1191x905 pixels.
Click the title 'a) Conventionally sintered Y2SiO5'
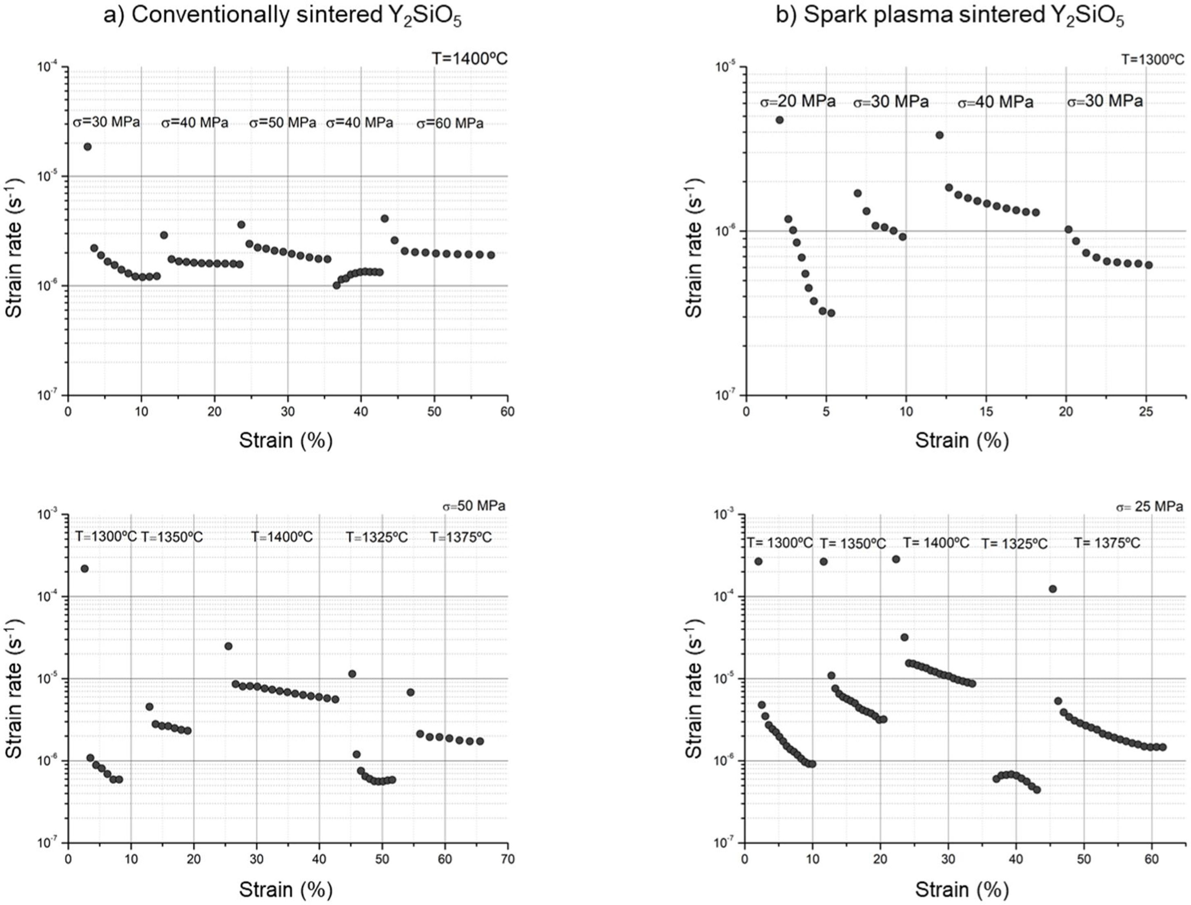coord(283,16)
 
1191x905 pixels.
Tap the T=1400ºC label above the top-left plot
coord(469,58)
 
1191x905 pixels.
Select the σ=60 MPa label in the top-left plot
coord(450,123)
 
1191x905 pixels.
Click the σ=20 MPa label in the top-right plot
coord(798,101)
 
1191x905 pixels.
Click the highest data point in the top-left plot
coord(87,147)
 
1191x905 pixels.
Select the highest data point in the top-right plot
coord(779,120)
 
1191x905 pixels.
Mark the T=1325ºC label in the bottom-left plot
coord(376,537)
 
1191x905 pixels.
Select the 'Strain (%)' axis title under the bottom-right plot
coord(962,889)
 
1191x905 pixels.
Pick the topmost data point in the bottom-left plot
coord(85,568)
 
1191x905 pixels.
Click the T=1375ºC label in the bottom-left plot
coord(461,537)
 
